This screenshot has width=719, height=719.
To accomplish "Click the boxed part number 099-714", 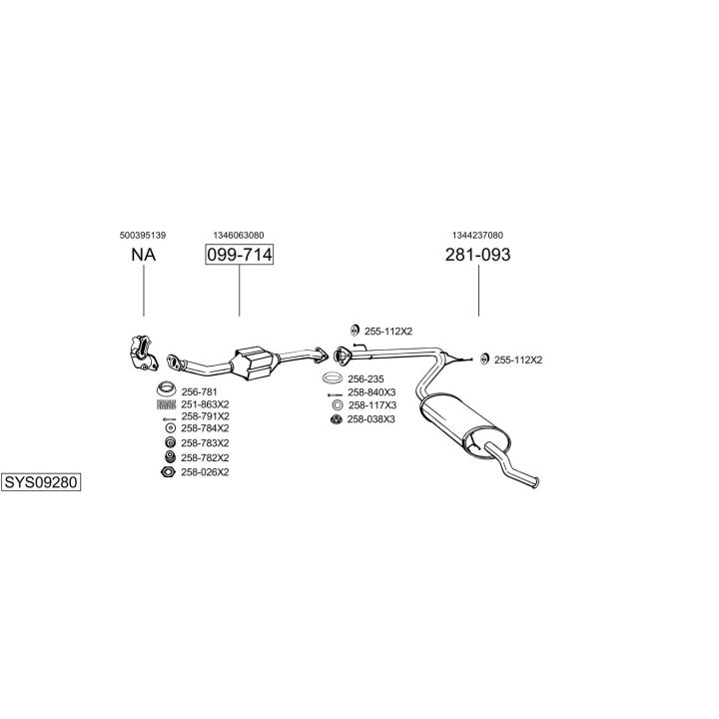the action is tap(239, 255).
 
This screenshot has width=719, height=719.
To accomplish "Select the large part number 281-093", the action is tap(477, 255).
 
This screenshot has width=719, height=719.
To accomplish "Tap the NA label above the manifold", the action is tap(144, 255).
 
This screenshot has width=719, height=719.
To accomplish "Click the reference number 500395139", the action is tap(143, 236).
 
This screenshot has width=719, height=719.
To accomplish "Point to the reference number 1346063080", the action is tap(239, 236).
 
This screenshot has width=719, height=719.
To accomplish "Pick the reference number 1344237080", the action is tap(477, 236).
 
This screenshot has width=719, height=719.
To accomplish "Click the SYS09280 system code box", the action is tap(41, 482).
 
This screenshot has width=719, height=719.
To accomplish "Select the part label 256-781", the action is tap(199, 392).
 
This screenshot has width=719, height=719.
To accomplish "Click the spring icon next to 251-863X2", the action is tap(167, 404).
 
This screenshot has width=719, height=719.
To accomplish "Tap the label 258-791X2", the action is tap(205, 416).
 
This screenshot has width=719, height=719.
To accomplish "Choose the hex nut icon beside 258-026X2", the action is tap(169, 471).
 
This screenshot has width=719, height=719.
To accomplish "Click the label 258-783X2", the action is tap(205, 443).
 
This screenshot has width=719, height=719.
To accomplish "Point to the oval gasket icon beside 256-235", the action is tap(333, 378).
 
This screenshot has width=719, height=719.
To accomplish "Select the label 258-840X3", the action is tap(371, 392).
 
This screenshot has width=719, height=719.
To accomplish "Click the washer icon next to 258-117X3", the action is tap(338, 405).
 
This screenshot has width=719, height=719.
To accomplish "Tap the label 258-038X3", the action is tap(370, 419).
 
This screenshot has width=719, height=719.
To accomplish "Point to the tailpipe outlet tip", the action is tap(534, 483).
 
